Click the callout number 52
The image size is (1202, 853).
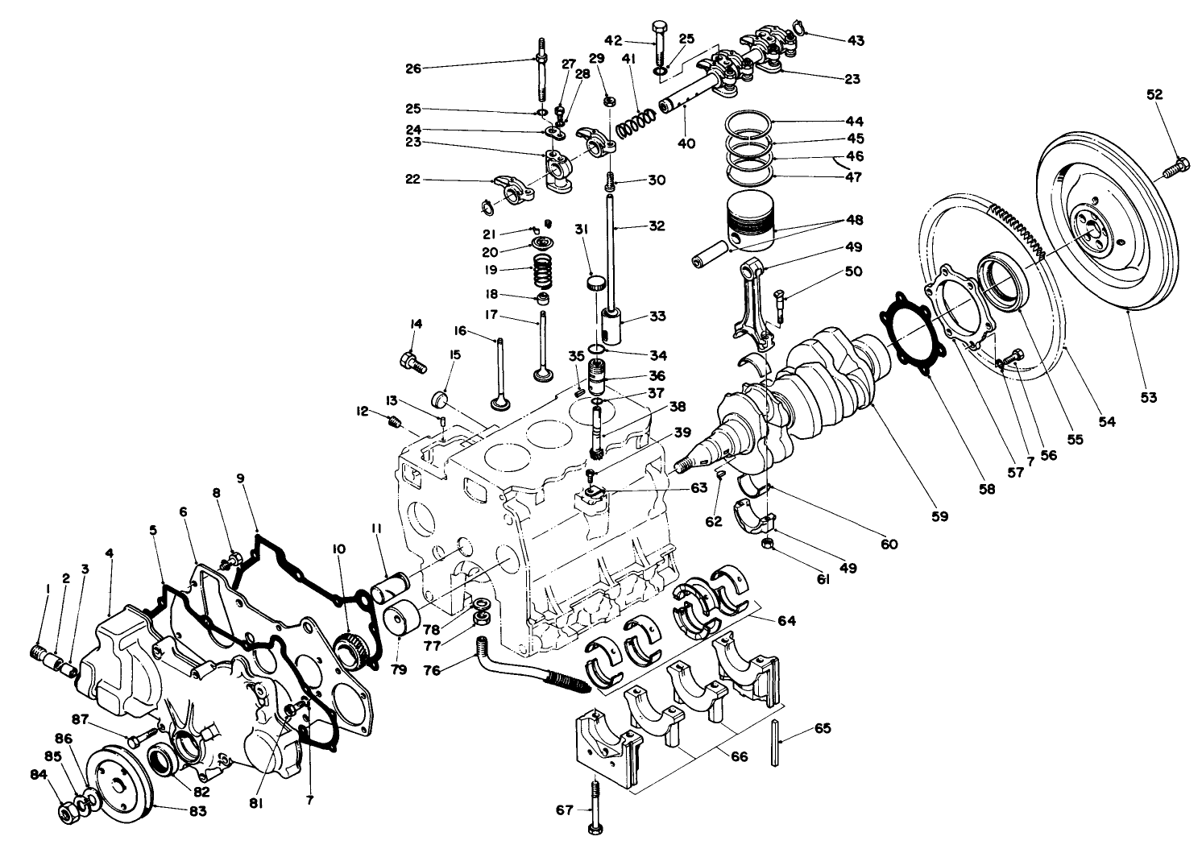1154,94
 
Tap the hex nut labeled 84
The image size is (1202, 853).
67,810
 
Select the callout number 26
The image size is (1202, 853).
412,68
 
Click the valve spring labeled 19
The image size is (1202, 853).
545,270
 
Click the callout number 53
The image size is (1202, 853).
1147,396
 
